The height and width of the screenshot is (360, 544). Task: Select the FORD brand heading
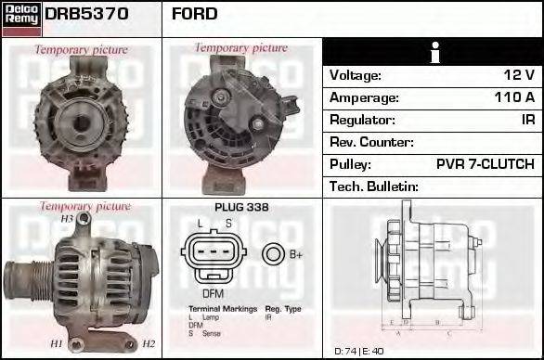[195, 14]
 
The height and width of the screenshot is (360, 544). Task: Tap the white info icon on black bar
[432, 53]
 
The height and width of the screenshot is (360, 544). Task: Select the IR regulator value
[527, 120]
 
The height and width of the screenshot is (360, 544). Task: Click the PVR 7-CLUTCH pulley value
[485, 164]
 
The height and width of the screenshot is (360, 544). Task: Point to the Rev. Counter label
[371, 142]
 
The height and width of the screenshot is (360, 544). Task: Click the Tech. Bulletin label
[374, 186]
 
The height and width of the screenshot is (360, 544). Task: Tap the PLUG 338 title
[241, 207]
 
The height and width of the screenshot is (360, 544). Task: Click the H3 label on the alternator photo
[67, 219]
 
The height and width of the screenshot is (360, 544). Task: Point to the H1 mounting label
[57, 344]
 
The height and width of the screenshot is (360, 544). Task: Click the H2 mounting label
[148, 344]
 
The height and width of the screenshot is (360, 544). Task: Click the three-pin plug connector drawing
[214, 255]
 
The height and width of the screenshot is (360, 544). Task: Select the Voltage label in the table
[356, 75]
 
